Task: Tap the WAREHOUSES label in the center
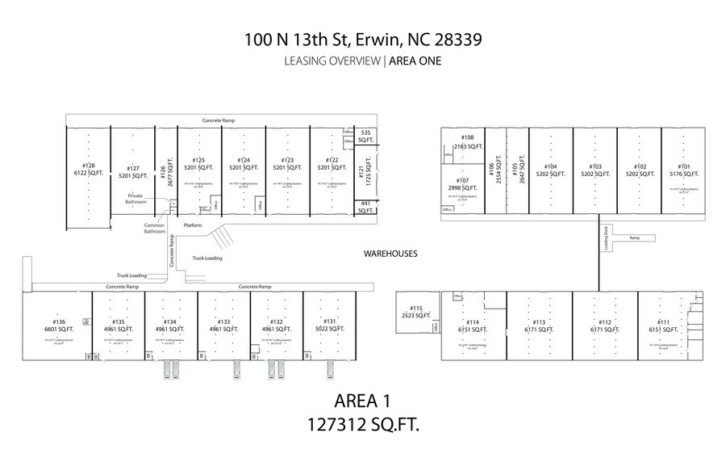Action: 390,253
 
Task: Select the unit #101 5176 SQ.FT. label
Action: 679,170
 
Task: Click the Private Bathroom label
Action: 135,199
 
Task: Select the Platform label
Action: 193,225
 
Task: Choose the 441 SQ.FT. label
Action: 365,207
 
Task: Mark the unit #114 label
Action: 473,326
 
